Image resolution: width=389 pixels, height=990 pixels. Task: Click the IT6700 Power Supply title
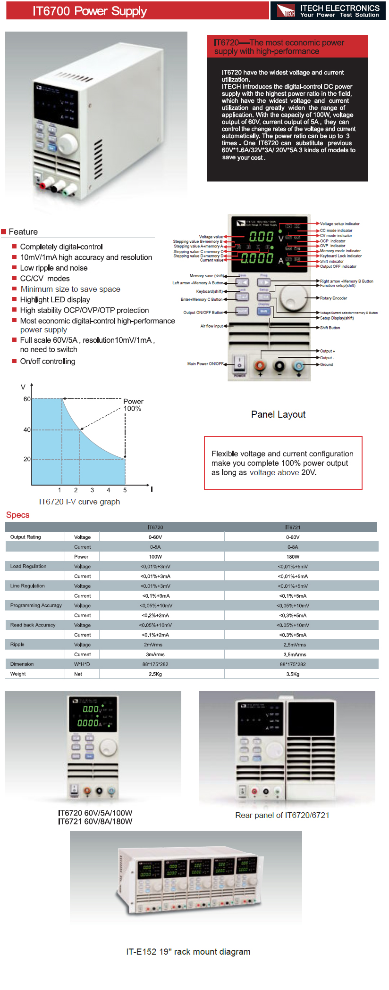coord(90,11)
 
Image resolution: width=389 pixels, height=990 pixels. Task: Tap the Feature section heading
coord(23,231)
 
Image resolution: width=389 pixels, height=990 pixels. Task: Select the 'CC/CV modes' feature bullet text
coord(45,279)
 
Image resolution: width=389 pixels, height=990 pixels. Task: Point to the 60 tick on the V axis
coord(27,399)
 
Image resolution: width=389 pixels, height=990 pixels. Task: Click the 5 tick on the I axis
coord(125,490)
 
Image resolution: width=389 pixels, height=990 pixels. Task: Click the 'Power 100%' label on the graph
coord(133,405)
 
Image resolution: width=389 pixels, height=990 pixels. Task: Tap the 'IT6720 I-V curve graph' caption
coord(79,502)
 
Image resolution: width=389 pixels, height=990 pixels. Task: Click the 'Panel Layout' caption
coord(278,414)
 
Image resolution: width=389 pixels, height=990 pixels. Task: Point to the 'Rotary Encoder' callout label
coord(333,298)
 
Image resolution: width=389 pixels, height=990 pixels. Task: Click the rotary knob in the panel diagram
coord(294,297)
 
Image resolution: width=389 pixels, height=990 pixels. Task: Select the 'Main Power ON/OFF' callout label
coord(205,363)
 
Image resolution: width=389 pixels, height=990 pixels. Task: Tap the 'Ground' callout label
coord(326,364)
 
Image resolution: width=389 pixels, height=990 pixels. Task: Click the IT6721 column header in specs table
coord(293,527)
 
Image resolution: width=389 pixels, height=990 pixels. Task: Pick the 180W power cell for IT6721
coord(293,557)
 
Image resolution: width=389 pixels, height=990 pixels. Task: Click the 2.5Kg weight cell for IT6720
coord(155,674)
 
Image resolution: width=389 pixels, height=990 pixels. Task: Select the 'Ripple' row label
coord(17,644)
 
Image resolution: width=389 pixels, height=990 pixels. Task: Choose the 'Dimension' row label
coord(22,664)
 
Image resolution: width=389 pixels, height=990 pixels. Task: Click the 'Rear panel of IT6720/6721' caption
coord(282,815)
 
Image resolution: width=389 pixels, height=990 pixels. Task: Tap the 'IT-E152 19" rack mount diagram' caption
coord(188,951)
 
